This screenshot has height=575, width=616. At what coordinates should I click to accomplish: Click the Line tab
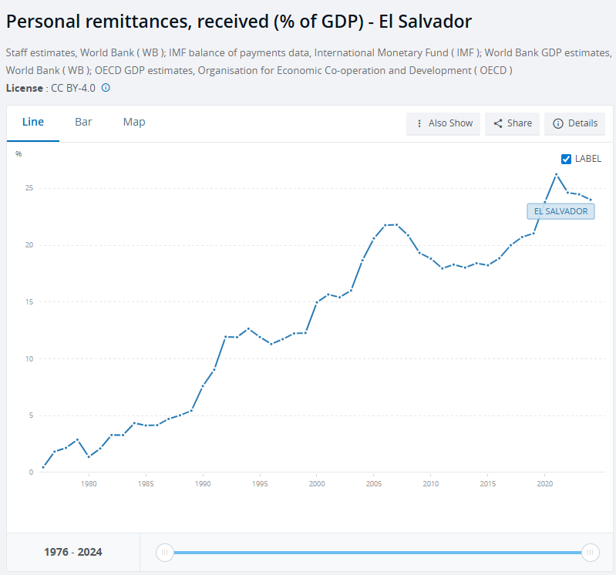point(33,122)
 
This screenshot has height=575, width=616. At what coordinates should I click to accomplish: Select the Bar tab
point(83,122)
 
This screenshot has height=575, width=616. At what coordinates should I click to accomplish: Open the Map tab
point(134,122)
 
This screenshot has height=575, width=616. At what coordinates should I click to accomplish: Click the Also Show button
point(443,123)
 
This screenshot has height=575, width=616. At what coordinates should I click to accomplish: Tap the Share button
point(512,123)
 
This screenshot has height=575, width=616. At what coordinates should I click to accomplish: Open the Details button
point(575,123)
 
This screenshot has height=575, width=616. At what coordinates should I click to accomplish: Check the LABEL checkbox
point(567,159)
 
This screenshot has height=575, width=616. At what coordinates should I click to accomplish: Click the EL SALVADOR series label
point(560,211)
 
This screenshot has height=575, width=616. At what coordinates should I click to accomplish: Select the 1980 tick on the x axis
point(89,484)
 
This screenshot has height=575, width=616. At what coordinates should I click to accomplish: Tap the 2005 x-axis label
point(374,484)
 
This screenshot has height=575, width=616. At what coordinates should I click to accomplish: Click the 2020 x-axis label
point(545,484)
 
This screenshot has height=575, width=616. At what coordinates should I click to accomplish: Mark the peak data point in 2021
point(556,174)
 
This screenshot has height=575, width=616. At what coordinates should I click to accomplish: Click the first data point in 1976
point(43,467)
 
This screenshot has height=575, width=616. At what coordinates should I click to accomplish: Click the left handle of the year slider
point(164,552)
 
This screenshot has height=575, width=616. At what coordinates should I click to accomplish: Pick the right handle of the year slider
point(590,552)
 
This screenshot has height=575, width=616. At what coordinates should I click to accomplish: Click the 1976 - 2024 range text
point(73,552)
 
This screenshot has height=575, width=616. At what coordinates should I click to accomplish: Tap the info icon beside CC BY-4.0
point(106,88)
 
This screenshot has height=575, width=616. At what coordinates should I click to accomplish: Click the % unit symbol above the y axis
point(19,154)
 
